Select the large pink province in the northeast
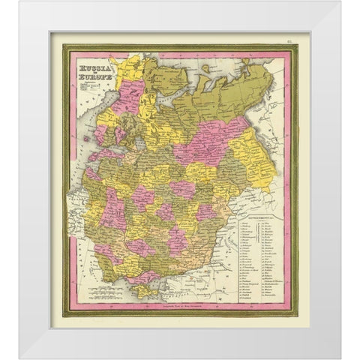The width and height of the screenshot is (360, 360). [214, 140]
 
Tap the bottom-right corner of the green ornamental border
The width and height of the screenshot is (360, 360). [295, 313]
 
